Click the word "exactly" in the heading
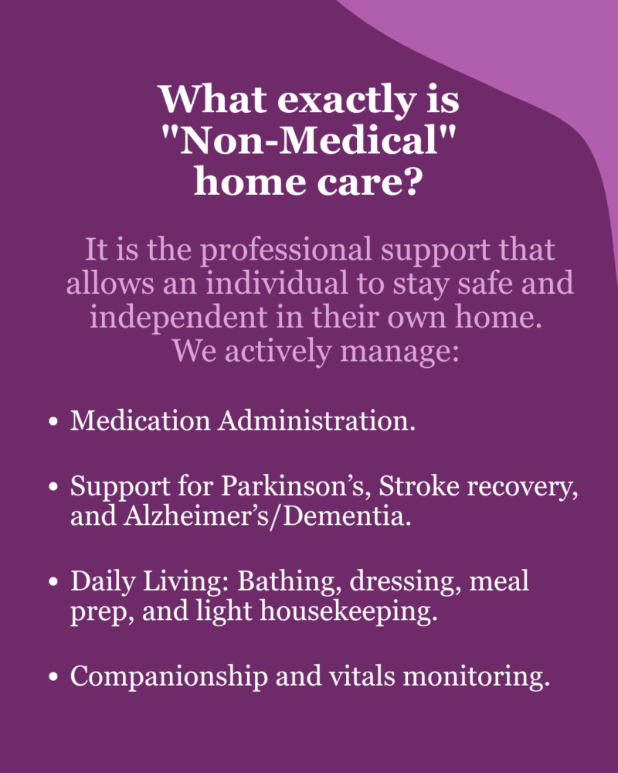click(346, 100)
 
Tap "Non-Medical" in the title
click(309, 140)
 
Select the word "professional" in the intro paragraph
click(285, 251)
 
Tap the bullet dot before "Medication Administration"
click(54, 423)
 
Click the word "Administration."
click(317, 421)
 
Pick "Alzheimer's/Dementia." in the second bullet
click(267, 516)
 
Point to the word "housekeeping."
click(349, 611)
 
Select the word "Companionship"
click(169, 676)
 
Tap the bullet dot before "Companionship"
click(54, 677)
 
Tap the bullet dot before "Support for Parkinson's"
click(54, 487)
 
